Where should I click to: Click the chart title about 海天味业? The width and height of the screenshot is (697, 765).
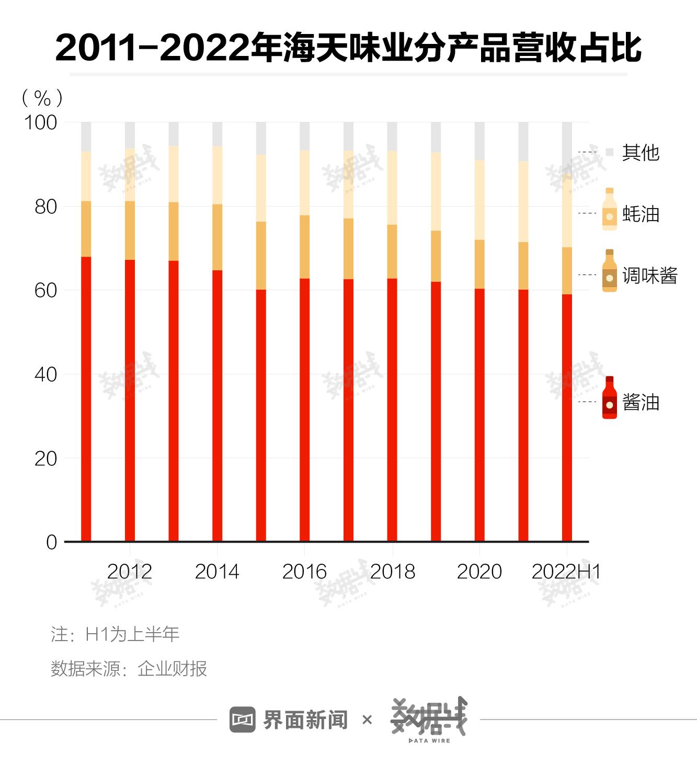pyautogui.click(x=348, y=48)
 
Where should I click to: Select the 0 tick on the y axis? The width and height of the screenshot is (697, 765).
pyautogui.click(x=51, y=542)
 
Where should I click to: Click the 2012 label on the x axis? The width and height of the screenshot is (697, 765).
pyautogui.click(x=129, y=572)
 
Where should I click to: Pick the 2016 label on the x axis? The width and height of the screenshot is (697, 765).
pyautogui.click(x=304, y=572)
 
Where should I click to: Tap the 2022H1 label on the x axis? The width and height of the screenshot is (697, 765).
pyautogui.click(x=566, y=572)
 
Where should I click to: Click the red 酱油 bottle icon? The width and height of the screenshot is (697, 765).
pyautogui.click(x=610, y=397)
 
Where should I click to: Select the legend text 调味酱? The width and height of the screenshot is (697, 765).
pyautogui.click(x=649, y=276)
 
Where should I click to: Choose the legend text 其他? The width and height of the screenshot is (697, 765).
pyautogui.click(x=641, y=153)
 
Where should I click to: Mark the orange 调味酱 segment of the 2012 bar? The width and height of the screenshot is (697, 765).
pyautogui.click(x=130, y=230)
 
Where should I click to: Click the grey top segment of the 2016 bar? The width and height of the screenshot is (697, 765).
pyautogui.click(x=304, y=136)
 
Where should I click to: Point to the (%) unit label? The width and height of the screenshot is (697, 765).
pyautogui.click(x=42, y=98)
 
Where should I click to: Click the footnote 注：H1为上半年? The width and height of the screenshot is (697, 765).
pyautogui.click(x=115, y=634)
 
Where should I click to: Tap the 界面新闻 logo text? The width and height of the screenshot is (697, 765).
pyautogui.click(x=305, y=720)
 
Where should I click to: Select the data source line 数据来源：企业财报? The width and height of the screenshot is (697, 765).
pyautogui.click(x=129, y=668)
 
